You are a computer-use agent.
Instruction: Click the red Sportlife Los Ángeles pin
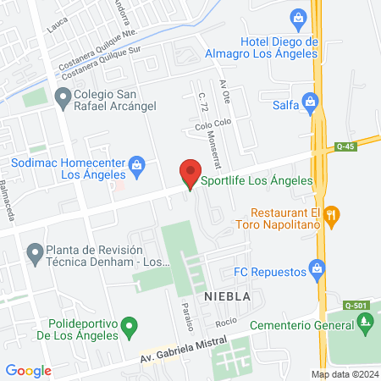(190, 175)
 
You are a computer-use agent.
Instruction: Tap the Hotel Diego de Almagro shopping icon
(297, 17)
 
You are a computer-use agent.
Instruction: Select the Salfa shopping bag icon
(311, 104)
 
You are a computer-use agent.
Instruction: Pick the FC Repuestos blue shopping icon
(317, 271)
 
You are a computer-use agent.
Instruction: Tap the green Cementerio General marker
(366, 322)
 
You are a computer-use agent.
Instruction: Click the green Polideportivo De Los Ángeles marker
(129, 326)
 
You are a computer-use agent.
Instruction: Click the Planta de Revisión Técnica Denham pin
(35, 252)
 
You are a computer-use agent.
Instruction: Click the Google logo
(29, 370)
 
